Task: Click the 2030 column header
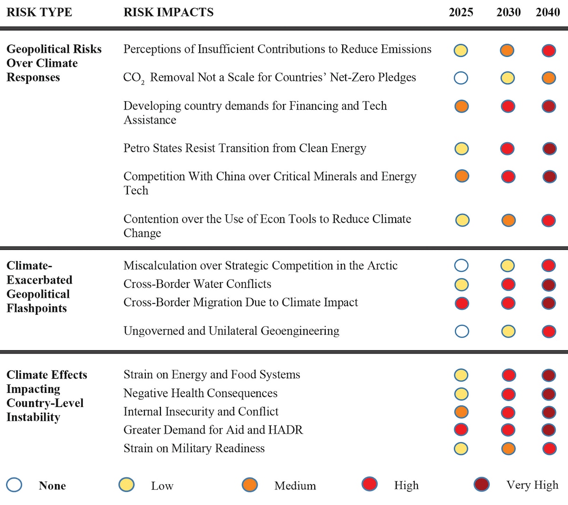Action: (x=508, y=12)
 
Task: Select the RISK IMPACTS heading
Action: (x=169, y=12)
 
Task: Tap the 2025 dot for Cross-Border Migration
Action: (x=461, y=303)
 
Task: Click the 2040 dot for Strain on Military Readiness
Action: (x=549, y=448)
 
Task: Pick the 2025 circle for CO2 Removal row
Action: (x=461, y=78)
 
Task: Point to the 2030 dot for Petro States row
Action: (x=507, y=149)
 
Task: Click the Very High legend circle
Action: (x=481, y=484)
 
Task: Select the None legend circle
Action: (x=14, y=485)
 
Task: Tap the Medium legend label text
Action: (x=295, y=486)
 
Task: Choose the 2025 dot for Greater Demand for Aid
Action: (x=461, y=430)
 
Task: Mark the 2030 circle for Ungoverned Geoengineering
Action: (x=508, y=331)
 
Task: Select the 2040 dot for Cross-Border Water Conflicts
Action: (x=549, y=284)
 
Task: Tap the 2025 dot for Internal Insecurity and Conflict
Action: (x=461, y=412)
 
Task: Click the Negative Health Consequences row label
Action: (x=200, y=393)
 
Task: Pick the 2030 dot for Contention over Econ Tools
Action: (x=508, y=220)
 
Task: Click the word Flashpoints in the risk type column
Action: (x=36, y=308)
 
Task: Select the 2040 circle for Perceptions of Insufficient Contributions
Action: (x=549, y=50)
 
